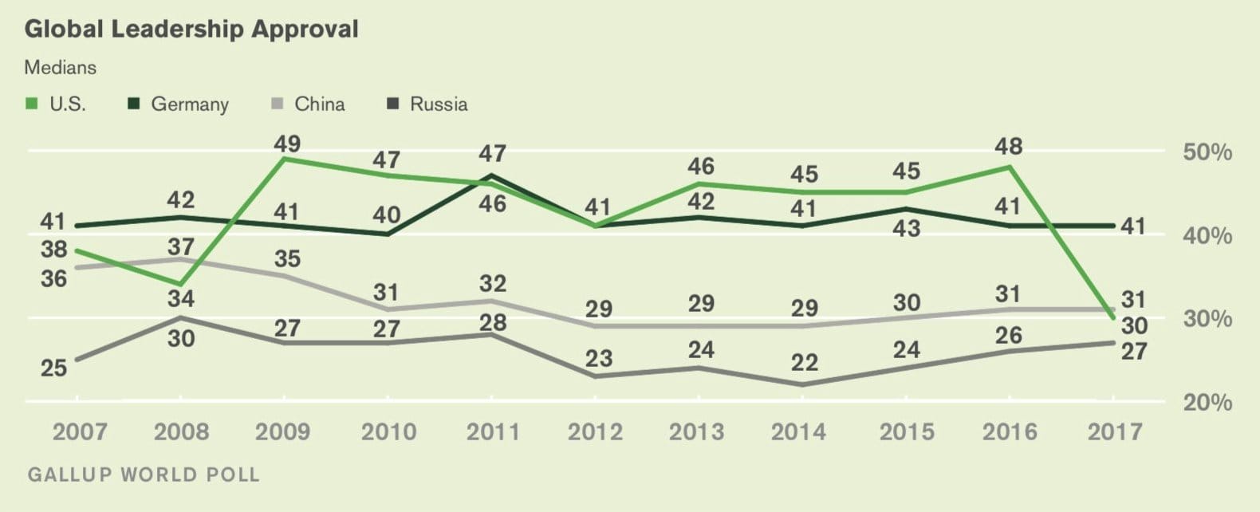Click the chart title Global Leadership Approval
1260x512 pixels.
pos(191,30)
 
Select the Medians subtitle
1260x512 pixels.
pos(61,68)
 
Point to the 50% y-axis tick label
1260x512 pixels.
pos(1207,152)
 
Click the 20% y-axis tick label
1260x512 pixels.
pos(1207,402)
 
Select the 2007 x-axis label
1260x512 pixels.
pos(80,432)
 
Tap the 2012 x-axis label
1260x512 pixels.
pos(595,432)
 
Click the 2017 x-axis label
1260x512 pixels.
pos(1116,432)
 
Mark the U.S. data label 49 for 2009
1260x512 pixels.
pos(287,144)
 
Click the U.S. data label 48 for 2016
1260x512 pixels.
pos(1009,147)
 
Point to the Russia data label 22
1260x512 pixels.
pos(804,363)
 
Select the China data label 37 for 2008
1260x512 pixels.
pos(181,247)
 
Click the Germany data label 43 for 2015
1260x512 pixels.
pos(906,229)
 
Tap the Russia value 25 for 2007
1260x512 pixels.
pos(54,368)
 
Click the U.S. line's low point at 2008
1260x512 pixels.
pos(181,285)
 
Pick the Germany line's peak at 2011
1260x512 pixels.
pos(492,175)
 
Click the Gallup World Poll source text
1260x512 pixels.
pos(144,475)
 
